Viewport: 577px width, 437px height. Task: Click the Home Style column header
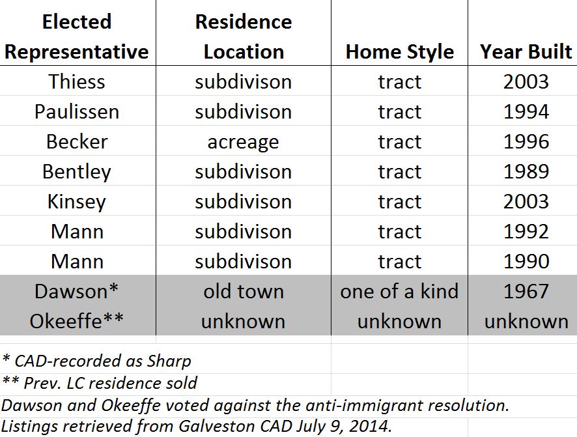tap(400, 51)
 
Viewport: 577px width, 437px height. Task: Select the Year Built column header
tap(526, 51)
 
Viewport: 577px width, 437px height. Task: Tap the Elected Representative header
tap(77, 36)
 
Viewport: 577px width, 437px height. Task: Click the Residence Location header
tap(244, 36)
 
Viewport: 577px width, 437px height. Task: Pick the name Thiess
tap(77, 81)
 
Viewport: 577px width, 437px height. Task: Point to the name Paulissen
tap(77, 111)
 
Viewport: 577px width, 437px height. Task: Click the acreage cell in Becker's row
tap(243, 143)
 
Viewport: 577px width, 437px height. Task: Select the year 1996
tap(526, 141)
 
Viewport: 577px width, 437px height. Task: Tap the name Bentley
tap(77, 172)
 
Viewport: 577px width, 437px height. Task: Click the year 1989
tap(526, 171)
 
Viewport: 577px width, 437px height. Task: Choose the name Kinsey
tap(77, 202)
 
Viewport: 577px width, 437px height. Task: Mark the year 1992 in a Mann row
tap(526, 231)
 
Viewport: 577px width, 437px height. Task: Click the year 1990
tap(526, 262)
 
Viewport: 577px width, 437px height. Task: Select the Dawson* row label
tap(77, 291)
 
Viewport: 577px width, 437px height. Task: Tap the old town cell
tap(244, 291)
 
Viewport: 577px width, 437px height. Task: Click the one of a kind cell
tap(400, 291)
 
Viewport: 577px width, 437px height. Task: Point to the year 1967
tap(526, 291)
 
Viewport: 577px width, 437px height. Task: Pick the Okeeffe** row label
tap(77, 321)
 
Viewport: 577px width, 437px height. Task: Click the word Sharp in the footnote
tap(169, 361)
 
